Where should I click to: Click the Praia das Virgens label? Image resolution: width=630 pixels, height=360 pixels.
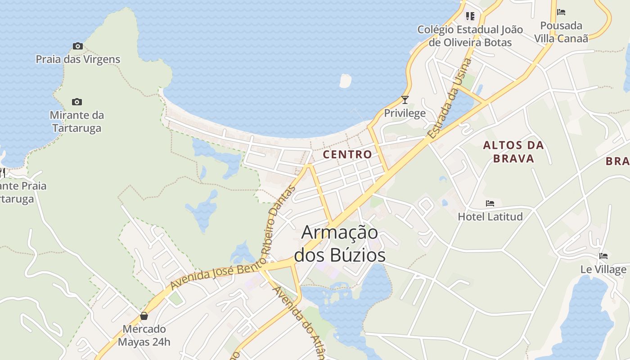pos(78,59)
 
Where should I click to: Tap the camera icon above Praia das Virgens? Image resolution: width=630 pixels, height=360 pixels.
pos(78,46)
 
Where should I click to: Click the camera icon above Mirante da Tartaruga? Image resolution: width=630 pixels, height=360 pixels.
pos(77,102)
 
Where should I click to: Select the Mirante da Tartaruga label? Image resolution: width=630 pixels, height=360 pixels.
pos(76,121)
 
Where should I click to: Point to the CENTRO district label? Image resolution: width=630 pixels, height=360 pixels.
pos(347,154)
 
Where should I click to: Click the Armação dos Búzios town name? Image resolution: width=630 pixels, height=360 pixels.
pos(340,244)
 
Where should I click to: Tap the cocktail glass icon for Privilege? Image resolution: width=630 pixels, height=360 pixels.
pos(405,100)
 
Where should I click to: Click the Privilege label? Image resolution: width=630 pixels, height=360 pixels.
pos(405,113)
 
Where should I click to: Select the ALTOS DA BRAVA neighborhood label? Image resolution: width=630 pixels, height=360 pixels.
pos(513,152)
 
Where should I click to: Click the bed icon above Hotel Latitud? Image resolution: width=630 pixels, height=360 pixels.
pos(490,203)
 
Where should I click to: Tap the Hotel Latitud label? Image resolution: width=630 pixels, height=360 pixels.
pos(490,216)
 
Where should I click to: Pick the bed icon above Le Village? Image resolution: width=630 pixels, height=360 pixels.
pos(603,256)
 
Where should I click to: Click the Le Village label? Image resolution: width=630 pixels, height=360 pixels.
pos(603,270)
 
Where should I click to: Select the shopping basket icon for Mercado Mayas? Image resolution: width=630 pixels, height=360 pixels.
pos(144,316)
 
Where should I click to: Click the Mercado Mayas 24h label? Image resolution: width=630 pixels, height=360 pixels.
pos(144,336)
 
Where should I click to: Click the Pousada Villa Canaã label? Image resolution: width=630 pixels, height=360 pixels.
pos(561,32)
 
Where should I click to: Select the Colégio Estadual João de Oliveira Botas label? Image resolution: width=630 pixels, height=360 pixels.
pos(470,36)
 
